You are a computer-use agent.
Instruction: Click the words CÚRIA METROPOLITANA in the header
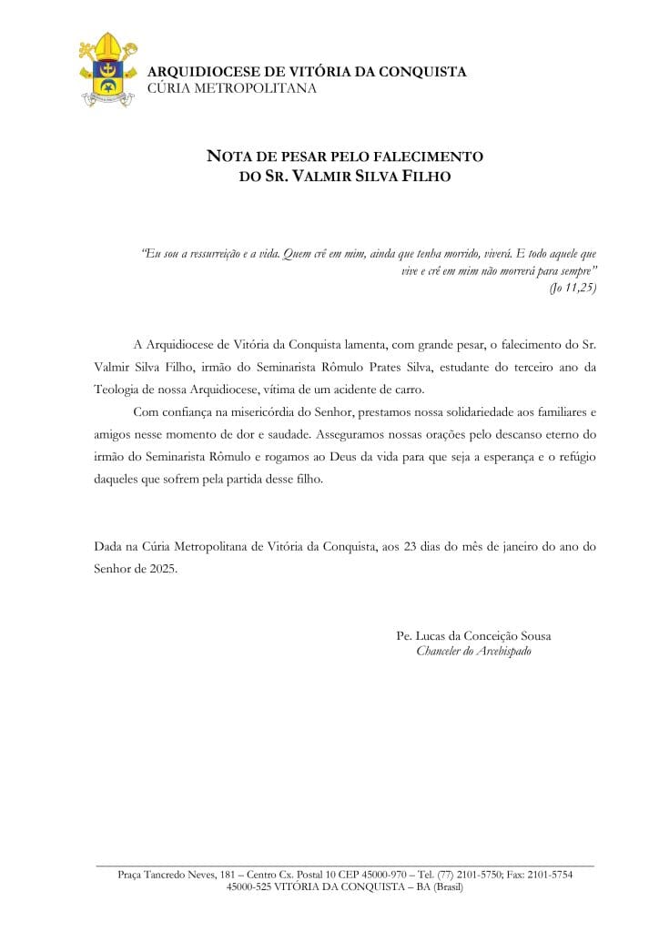(231, 88)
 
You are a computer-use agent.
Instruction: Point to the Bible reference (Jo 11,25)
(573, 288)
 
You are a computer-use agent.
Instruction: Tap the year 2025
(160, 568)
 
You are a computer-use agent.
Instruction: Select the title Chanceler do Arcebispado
(473, 652)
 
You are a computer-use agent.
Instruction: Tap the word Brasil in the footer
(448, 886)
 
